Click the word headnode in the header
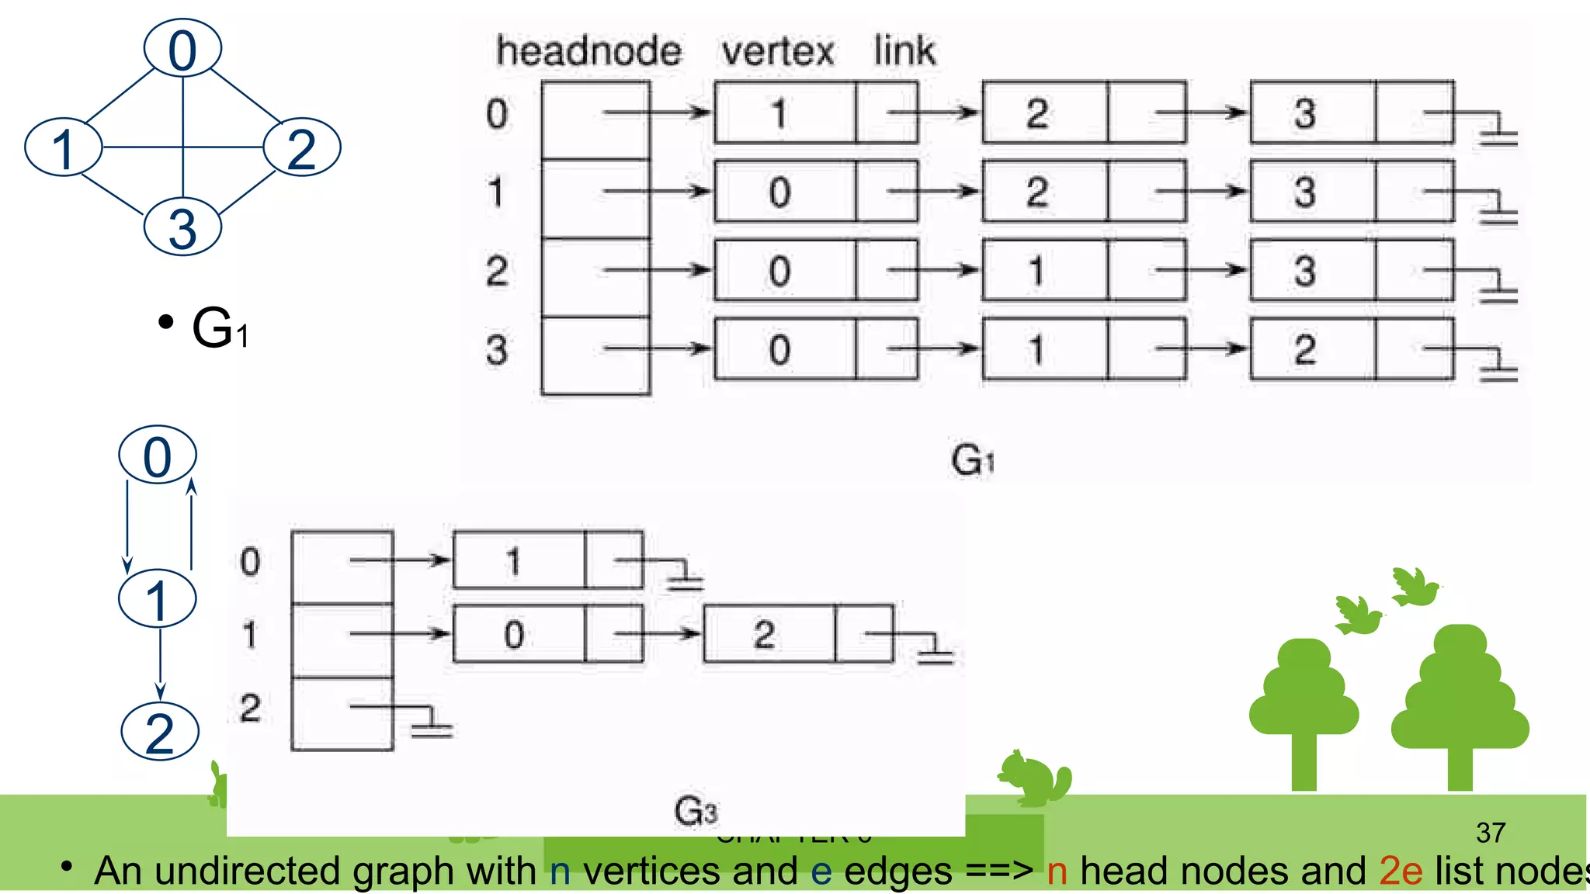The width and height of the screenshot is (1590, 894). (588, 51)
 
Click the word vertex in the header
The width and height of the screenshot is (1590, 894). (777, 51)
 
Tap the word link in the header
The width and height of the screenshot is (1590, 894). (904, 50)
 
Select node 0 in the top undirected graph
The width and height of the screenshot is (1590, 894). (182, 49)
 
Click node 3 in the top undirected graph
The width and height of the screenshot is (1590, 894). (182, 227)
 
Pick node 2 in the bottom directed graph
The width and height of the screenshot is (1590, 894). (160, 732)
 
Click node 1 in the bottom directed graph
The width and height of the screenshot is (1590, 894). (157, 599)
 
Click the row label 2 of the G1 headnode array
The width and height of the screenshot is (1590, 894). (497, 271)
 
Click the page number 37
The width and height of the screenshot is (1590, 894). (1491, 833)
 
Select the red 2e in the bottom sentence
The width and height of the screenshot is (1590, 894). (1401, 871)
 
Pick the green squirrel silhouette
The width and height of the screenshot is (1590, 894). (1034, 778)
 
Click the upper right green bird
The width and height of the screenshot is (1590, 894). (1415, 587)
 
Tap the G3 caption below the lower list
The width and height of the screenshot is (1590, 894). (696, 811)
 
